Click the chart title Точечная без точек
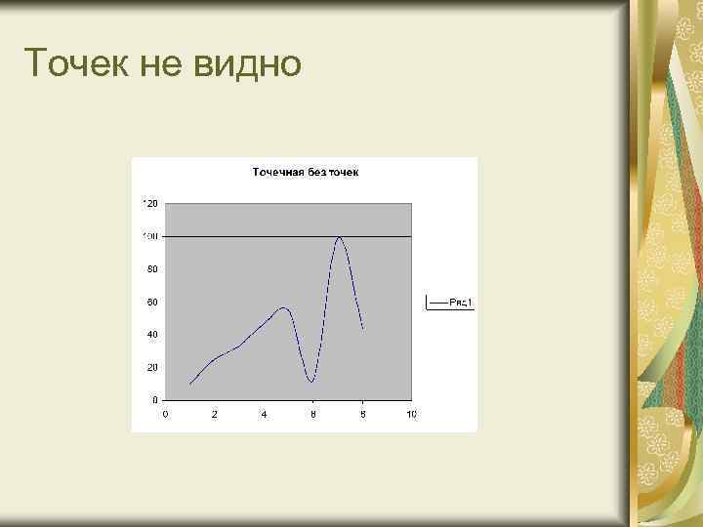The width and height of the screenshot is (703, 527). point(306,173)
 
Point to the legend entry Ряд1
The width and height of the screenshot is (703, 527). point(460,303)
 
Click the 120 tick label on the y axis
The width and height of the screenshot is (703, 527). point(149,203)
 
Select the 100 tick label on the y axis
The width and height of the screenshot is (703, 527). point(149,236)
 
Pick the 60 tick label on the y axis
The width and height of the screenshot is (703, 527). point(151,302)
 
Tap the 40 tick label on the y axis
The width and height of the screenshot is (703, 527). point(151,335)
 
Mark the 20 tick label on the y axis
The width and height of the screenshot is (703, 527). point(151,368)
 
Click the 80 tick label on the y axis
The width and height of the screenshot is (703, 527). point(151,269)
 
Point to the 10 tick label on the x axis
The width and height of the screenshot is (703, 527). point(411,415)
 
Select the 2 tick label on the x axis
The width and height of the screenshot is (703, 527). point(214,415)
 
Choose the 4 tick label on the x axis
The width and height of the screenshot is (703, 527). point(264,415)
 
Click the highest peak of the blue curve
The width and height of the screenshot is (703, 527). point(339,237)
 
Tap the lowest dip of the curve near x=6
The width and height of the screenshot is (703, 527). point(310,381)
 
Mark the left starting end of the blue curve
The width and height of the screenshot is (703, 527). point(189,384)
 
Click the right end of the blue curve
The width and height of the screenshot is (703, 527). point(363,328)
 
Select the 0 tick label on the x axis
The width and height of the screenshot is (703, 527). point(165,415)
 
